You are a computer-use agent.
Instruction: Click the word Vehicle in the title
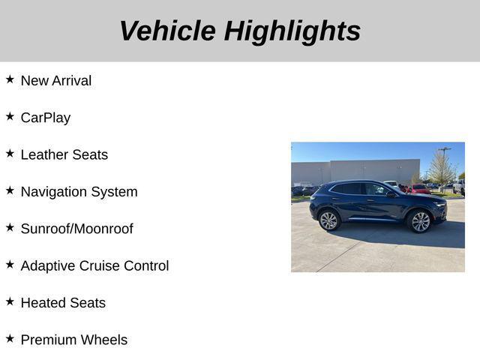tap(166, 31)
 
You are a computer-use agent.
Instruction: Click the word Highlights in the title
tap(292, 31)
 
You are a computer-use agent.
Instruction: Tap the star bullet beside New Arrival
tap(10, 79)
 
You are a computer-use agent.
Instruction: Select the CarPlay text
tap(45, 118)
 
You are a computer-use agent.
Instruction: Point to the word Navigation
tap(52, 192)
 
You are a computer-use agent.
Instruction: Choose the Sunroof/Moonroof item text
tap(76, 229)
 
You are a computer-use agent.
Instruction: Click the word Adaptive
tap(47, 265)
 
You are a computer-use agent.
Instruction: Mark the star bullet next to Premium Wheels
tap(10, 338)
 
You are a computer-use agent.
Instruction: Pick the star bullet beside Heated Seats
tap(10, 301)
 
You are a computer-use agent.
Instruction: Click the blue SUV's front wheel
tap(420, 221)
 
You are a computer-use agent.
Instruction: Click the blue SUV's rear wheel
tap(328, 220)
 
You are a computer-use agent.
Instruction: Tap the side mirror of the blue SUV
tap(391, 193)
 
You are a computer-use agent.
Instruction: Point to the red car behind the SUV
tap(419, 189)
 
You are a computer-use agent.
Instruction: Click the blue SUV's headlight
tap(439, 204)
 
